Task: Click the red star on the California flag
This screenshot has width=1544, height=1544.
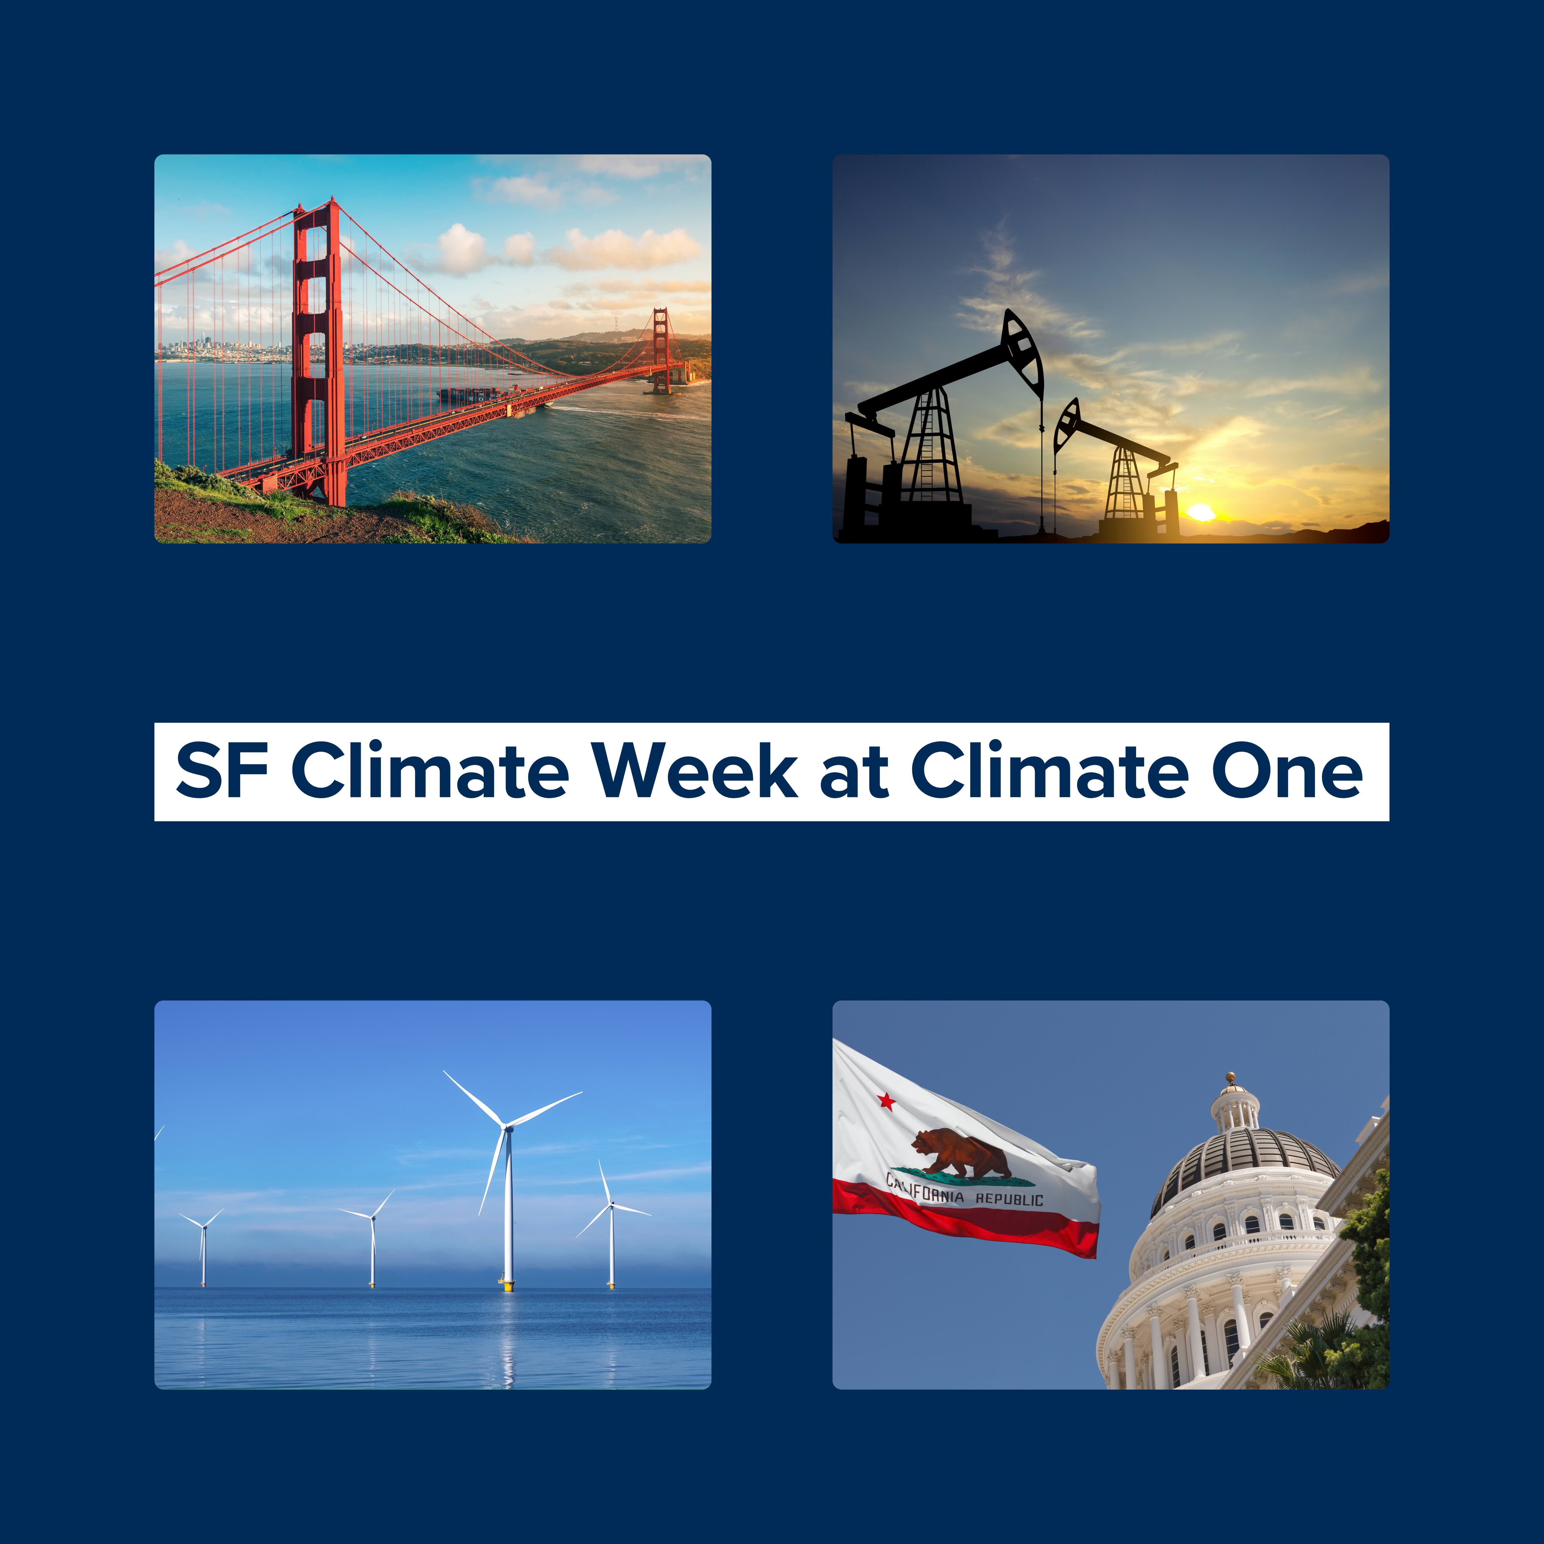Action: tap(886, 1102)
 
